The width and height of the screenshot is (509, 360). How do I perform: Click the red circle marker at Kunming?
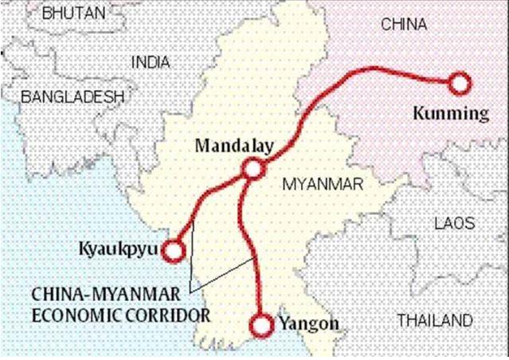pos(460,83)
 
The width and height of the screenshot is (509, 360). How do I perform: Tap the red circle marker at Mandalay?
pos(253,169)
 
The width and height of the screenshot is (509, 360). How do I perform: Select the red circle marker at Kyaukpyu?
pos(173,251)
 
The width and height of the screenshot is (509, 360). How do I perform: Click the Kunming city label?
pos(451,113)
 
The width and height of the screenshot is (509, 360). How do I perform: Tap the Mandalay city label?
pos(234,146)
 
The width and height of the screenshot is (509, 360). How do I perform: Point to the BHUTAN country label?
pos(72,13)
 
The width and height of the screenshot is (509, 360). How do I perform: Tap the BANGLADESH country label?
pos(72,98)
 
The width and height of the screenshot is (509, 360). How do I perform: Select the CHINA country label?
pos(404,25)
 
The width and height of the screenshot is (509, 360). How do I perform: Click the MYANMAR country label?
pos(323,185)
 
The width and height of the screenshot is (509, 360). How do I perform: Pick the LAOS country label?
pos(455,224)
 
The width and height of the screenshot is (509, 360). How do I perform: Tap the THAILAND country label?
pos(434,321)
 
